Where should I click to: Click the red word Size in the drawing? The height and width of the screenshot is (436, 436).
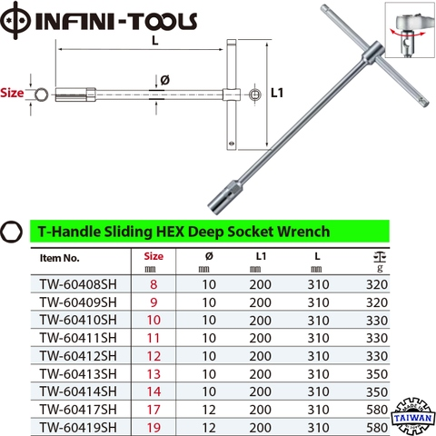pyautogui.click(x=12, y=93)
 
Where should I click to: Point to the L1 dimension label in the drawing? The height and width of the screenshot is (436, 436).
pyautogui.click(x=279, y=93)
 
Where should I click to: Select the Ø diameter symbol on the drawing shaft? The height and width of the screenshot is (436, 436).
pyautogui.click(x=164, y=78)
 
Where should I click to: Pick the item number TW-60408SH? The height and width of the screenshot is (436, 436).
pyautogui.click(x=78, y=285)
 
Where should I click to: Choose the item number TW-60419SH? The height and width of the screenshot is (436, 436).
pyautogui.click(x=78, y=425)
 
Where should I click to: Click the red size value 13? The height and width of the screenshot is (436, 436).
pyautogui.click(x=153, y=372)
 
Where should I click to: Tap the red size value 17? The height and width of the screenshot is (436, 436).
pyautogui.click(x=153, y=408)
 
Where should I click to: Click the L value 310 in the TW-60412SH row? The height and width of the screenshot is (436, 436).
pyautogui.click(x=315, y=355)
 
